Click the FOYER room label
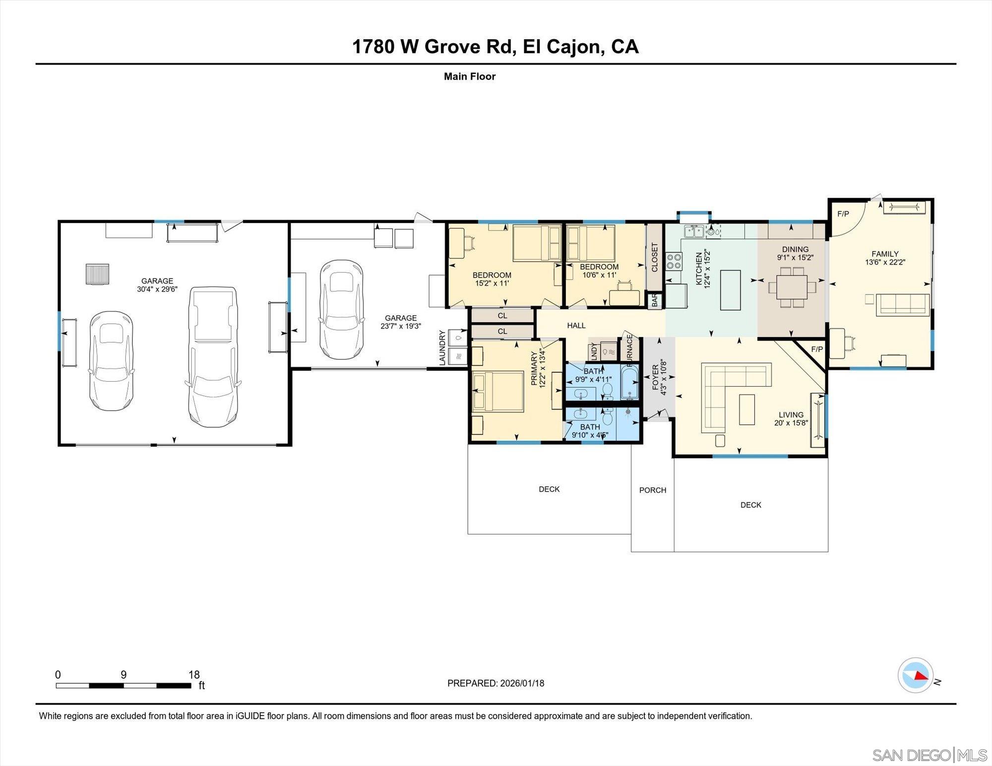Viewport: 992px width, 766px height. (x=655, y=377)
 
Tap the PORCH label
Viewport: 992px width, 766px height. (x=652, y=490)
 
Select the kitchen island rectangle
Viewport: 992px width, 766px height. (x=730, y=290)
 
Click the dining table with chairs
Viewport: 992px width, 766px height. (x=792, y=287)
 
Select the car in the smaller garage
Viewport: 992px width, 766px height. (x=341, y=309)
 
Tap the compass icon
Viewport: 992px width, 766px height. (x=915, y=675)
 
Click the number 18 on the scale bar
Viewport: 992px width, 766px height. (x=194, y=674)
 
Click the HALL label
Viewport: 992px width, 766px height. (x=576, y=325)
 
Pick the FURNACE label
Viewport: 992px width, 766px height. (x=629, y=350)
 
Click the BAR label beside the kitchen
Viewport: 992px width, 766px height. (x=655, y=300)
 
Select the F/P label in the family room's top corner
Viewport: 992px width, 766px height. (x=843, y=214)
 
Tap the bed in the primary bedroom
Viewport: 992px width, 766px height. (x=497, y=392)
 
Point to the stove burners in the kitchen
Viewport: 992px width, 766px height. (x=674, y=261)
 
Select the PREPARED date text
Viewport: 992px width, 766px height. (x=496, y=683)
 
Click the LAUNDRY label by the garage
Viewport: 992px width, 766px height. (x=442, y=348)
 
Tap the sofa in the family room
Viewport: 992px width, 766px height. (x=902, y=304)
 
